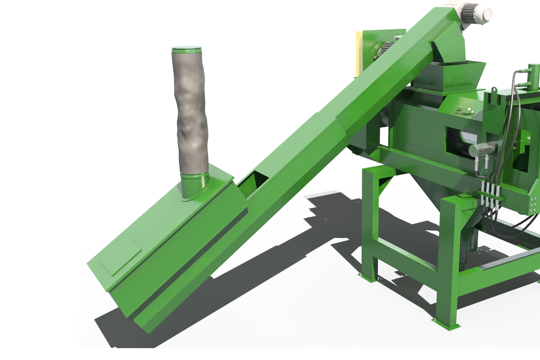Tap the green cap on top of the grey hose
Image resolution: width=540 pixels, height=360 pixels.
(x=186, y=48)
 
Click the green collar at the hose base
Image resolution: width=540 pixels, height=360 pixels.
(x=194, y=185)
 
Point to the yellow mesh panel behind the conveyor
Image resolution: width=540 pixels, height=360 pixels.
(x=359, y=52)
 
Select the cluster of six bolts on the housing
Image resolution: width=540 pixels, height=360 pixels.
(x=533, y=205)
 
